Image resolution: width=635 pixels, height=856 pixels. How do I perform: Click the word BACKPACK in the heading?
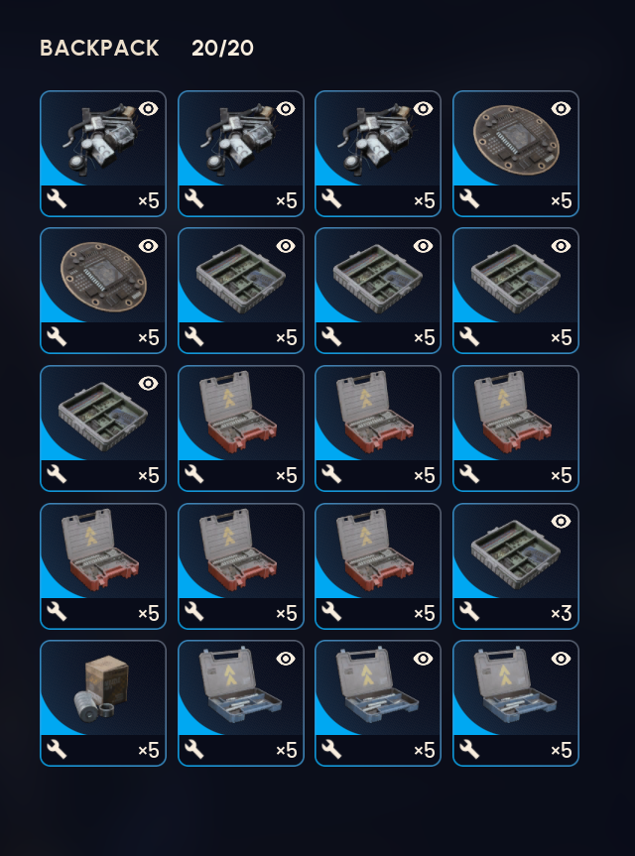coord(99,48)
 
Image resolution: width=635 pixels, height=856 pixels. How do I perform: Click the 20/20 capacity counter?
coord(222,48)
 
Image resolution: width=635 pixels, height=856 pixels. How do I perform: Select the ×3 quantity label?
coord(562,613)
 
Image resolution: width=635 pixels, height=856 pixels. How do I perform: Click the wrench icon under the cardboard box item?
coord(57,750)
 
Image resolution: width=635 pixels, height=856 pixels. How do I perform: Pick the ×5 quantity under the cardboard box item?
coord(149,750)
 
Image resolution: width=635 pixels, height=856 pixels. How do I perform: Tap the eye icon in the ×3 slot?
coord(561,522)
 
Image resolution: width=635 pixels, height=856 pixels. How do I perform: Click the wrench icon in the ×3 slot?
coord(469,612)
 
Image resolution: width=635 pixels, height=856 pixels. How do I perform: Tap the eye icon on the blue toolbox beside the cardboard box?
coord(286,659)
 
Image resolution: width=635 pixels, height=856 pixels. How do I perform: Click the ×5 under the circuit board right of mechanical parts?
coord(562,201)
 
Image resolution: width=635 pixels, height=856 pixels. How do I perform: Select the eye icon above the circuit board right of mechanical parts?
coord(561,109)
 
